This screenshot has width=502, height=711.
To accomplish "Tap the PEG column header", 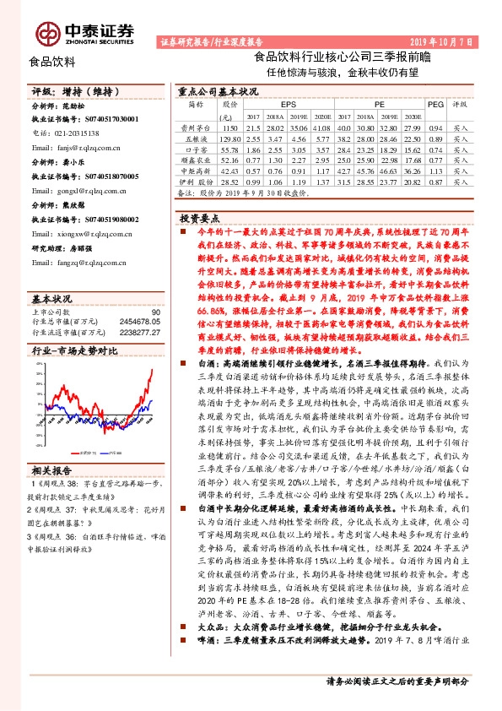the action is [435, 104].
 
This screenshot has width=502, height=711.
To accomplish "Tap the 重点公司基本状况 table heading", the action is [217, 89].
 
